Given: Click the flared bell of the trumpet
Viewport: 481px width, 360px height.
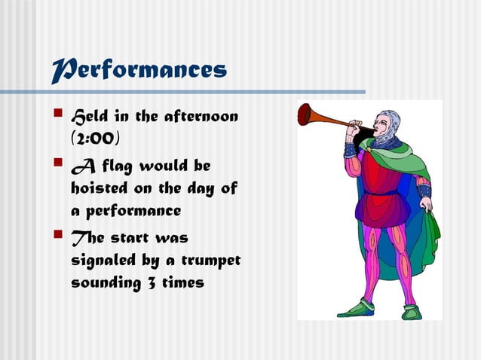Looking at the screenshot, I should coord(305,114).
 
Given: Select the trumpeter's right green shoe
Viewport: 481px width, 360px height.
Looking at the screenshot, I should coord(412,311).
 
